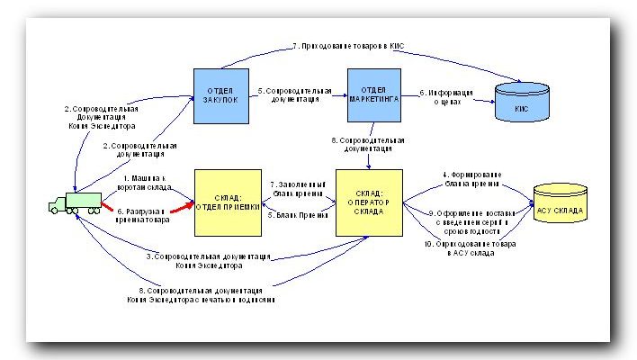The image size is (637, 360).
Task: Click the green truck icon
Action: tap(74, 203)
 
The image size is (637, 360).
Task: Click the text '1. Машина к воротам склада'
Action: tap(149, 183)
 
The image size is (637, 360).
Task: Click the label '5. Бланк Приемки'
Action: tap(296, 215)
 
